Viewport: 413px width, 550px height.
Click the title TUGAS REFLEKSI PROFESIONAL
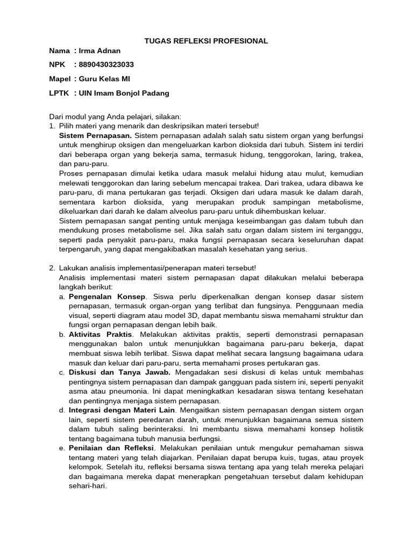point(206,41)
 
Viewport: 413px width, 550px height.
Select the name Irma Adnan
point(99,51)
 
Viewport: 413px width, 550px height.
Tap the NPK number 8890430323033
point(106,65)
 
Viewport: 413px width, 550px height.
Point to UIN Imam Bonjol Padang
point(124,93)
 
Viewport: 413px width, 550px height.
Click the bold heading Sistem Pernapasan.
point(95,135)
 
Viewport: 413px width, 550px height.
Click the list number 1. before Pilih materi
point(52,126)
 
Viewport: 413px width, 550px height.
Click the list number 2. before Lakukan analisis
point(52,268)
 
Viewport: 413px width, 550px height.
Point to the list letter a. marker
point(62,296)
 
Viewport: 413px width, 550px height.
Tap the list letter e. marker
point(62,448)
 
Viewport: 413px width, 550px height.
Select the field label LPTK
point(59,93)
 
